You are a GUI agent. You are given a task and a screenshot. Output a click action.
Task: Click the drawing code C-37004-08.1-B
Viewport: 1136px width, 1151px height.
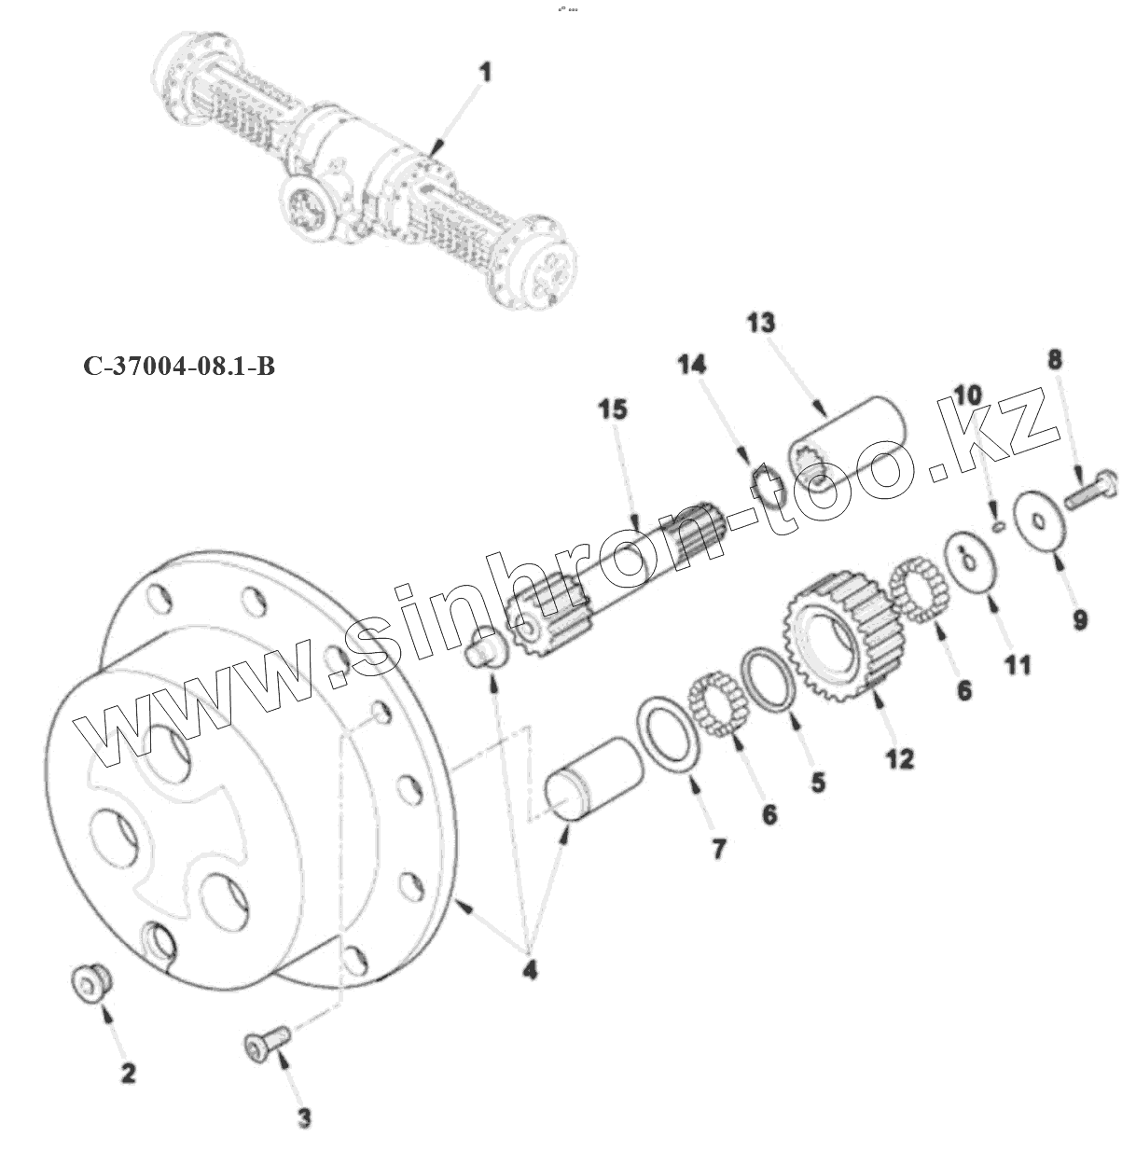point(179,367)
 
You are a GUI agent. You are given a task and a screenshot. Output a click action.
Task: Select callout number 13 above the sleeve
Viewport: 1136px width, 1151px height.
point(760,324)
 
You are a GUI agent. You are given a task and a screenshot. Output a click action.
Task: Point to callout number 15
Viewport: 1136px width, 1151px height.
point(613,409)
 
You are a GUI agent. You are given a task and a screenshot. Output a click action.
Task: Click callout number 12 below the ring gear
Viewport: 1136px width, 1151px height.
point(899,758)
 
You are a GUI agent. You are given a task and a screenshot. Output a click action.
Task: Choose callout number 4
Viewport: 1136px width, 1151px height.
point(529,969)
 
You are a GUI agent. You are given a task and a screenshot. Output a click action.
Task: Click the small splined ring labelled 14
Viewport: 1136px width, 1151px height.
point(767,486)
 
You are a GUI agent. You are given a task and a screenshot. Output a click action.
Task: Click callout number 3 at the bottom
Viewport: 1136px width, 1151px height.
point(304,1117)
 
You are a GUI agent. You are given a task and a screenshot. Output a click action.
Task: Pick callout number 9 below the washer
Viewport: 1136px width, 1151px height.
point(1079,619)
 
